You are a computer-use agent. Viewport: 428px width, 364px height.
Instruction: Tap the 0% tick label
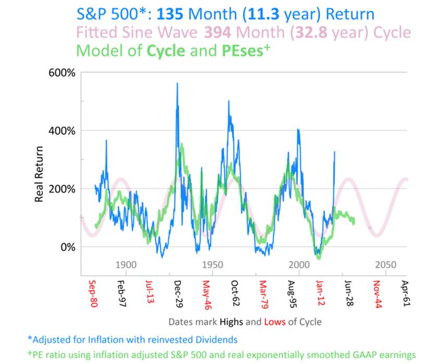(68, 247)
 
